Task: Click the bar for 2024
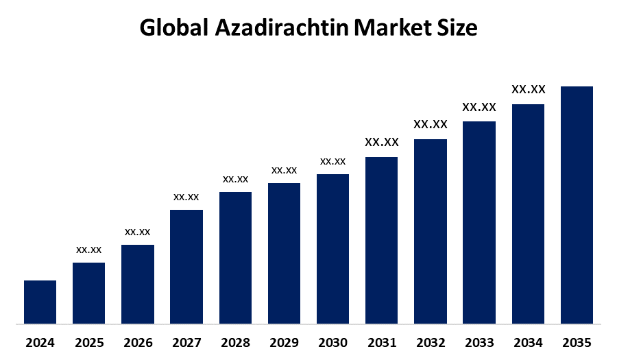40,302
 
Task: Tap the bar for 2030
332,248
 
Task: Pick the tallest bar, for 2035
577,204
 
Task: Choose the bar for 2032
431,231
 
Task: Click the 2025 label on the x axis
89,342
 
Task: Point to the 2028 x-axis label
235,342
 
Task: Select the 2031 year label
382,342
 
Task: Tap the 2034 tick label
528,342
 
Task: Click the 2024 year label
40,342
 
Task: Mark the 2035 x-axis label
577,342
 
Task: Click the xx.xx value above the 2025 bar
89,250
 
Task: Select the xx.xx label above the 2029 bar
284,170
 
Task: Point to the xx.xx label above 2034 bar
528,90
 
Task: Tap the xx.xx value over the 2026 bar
138,232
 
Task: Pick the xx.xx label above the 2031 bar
382,143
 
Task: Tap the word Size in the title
457,28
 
